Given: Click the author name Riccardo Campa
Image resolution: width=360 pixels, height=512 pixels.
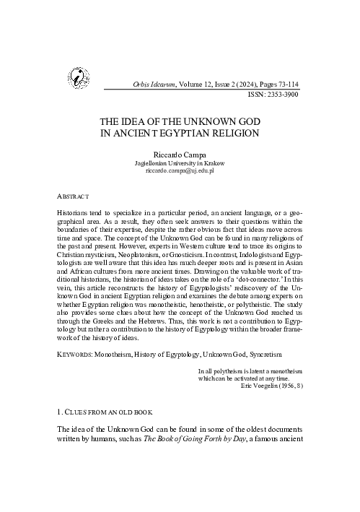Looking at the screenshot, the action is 178,155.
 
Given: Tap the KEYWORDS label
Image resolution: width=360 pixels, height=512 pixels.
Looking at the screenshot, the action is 79,355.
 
